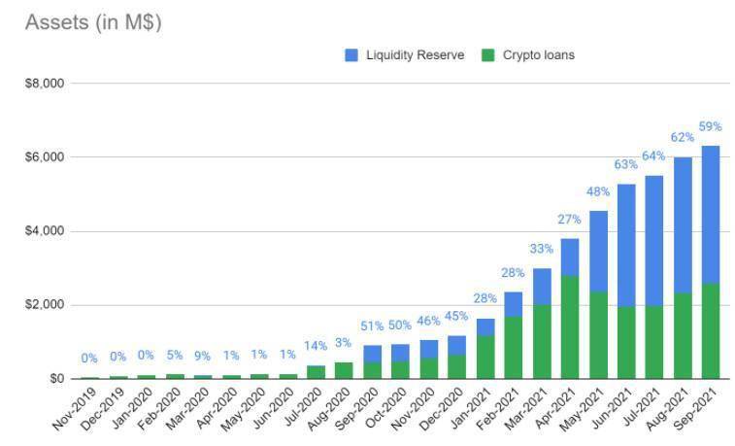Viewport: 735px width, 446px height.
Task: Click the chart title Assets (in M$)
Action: pos(93,22)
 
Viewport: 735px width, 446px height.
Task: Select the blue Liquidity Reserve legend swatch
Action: pos(351,55)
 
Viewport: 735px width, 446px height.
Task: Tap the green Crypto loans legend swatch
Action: pos(488,55)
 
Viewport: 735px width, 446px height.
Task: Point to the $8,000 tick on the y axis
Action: pos(45,84)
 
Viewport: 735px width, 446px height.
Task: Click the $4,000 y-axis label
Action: pos(45,230)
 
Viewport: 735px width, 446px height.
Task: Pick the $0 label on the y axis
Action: pos(56,378)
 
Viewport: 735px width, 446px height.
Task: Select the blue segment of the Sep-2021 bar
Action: pos(710,215)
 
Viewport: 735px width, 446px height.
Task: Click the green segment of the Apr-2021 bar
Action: pos(570,327)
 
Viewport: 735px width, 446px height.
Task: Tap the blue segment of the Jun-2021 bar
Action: pos(626,246)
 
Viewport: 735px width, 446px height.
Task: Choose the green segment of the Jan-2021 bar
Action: pos(485,358)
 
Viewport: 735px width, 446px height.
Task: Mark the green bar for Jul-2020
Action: pos(316,372)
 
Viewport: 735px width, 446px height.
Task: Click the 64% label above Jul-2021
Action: pos(653,155)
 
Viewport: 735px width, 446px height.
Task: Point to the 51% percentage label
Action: pos(372,326)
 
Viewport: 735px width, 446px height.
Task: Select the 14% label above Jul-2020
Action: pos(316,346)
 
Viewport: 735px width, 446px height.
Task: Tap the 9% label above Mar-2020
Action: pos(203,357)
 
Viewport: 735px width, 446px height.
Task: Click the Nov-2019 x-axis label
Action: pos(75,408)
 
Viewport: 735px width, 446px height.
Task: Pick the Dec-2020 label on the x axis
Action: pos(442,408)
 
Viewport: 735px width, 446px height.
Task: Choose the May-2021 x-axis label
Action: pos(583,408)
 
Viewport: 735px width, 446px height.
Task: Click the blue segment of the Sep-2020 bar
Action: pos(372,354)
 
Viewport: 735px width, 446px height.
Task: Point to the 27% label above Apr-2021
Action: pos(569,220)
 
